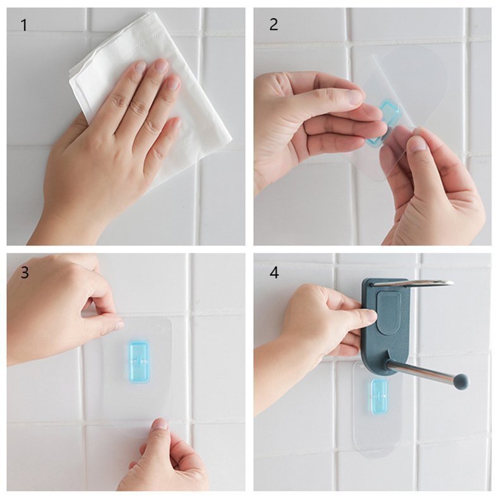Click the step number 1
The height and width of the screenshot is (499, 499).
[x=24, y=25]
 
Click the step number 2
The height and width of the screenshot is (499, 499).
[x=274, y=25]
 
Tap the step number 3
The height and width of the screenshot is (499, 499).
[x=25, y=272]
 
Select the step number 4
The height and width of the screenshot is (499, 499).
[x=274, y=273]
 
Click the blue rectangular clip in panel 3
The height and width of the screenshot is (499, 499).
[x=138, y=361]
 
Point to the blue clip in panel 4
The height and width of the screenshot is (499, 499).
[x=380, y=397]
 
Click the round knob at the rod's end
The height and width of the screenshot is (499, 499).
[x=461, y=380]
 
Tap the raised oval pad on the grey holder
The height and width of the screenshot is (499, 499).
[x=388, y=313]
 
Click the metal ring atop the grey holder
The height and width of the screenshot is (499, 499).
[x=414, y=282]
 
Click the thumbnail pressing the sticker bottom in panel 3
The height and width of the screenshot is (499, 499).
[x=160, y=424]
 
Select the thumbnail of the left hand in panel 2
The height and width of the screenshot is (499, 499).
[x=356, y=97]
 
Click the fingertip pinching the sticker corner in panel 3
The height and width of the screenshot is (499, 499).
[x=117, y=324]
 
